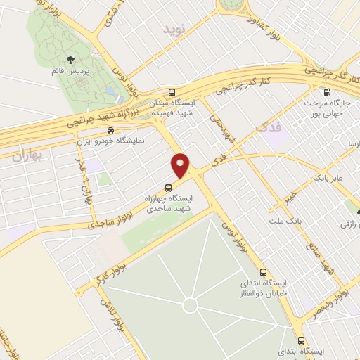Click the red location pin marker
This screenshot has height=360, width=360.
[181, 165]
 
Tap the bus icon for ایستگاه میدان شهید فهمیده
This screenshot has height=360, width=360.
[172, 92]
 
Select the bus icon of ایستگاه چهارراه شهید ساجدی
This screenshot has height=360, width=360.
[167, 188]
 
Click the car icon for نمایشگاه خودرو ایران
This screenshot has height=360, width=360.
[110, 130]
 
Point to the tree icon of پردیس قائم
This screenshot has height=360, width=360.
[70, 61]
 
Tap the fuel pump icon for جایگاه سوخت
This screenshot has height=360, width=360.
[326, 92]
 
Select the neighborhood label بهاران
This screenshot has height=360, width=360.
[27, 156]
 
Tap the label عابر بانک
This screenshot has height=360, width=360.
[328, 179]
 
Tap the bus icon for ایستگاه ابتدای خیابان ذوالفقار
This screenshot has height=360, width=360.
[263, 272]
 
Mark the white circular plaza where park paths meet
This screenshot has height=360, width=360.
[189, 306]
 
